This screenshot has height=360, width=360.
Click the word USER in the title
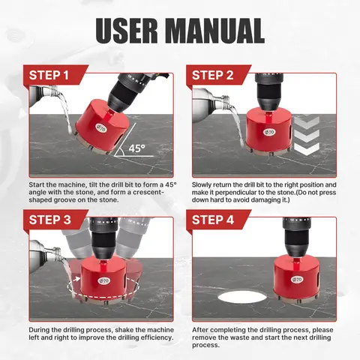[127, 31]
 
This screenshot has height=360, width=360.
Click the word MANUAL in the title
[215, 31]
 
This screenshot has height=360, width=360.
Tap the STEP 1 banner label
[49, 75]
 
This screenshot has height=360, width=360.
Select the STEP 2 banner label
[213, 75]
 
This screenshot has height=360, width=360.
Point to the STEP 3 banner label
[50, 220]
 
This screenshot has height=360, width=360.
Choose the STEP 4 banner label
[213, 220]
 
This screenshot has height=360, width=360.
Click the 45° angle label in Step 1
[136, 148]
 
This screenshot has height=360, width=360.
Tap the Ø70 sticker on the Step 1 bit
[102, 128]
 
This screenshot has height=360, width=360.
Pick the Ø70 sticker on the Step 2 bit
[268, 132]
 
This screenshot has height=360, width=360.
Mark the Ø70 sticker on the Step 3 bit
[103, 280]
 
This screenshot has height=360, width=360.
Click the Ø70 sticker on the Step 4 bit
[297, 279]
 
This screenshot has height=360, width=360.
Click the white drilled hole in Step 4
[242, 297]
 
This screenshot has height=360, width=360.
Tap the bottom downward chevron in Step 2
[307, 149]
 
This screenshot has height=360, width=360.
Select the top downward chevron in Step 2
[307, 121]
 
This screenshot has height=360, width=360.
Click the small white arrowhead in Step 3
[78, 279]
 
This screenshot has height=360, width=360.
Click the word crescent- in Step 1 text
[148, 192]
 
